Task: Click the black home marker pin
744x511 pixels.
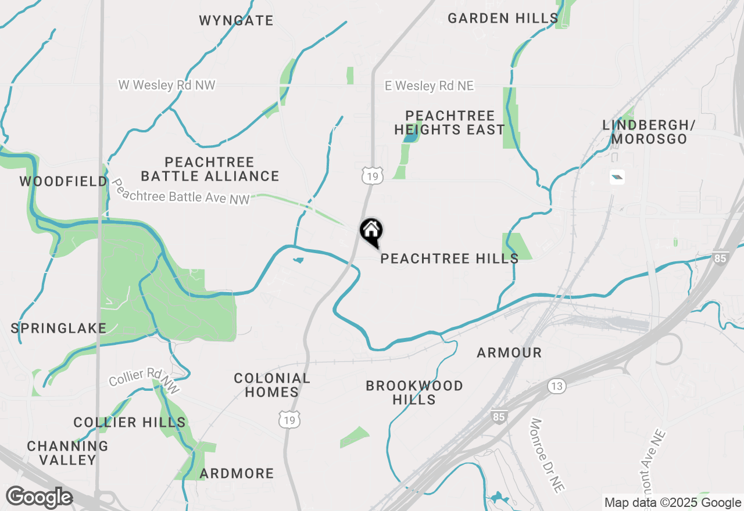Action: coord(371,231)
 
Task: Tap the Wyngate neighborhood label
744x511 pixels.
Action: coord(236,21)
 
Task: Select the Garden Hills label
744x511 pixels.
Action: coord(503,19)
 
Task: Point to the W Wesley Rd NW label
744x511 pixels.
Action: coord(167,85)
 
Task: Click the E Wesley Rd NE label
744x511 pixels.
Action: coord(429,86)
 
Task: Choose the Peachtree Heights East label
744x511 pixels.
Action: coord(450,123)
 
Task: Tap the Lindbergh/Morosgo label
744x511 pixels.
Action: coord(649,132)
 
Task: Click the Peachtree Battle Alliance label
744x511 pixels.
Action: coord(210,169)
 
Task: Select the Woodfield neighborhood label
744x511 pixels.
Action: coord(63,182)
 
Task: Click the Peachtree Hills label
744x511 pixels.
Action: coord(449,258)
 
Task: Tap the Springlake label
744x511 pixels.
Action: coord(59,329)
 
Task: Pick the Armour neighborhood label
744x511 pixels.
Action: coord(509,352)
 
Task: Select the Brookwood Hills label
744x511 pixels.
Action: coord(414,393)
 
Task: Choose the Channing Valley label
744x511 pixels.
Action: coord(67,453)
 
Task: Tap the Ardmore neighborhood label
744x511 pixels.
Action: coord(237,474)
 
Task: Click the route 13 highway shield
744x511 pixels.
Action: coord(557,386)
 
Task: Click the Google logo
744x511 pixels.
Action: coord(39,498)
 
